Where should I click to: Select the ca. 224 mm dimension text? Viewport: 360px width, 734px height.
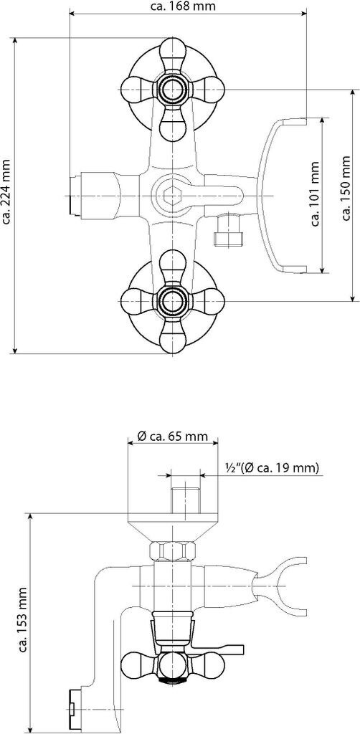click(6, 192)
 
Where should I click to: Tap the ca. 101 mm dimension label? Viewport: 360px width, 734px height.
click(316, 194)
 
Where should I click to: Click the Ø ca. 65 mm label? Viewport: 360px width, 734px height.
click(172, 437)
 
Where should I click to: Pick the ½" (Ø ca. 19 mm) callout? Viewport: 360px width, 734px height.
click(272, 467)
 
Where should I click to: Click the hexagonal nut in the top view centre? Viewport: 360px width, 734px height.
click(172, 195)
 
